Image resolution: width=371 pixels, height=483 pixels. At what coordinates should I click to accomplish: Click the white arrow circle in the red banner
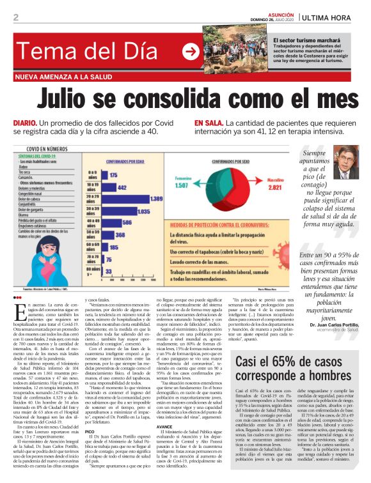[191, 51]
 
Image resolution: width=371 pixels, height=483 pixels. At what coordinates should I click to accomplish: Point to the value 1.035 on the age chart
[144, 210]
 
